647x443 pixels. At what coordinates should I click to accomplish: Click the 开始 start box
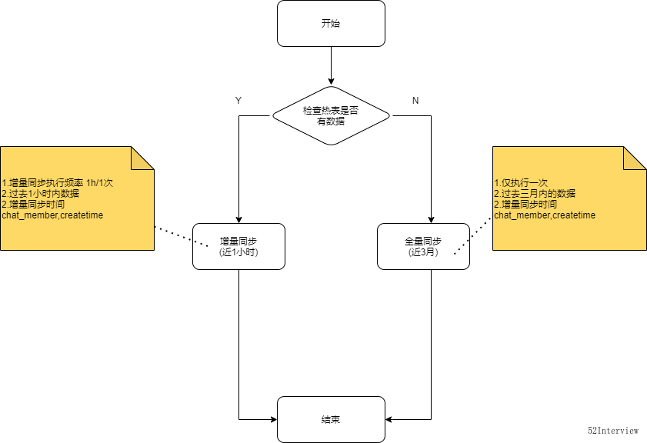click(x=331, y=23)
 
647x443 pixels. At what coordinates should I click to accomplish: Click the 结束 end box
click(x=331, y=419)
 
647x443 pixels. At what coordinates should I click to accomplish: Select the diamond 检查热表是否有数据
click(x=331, y=115)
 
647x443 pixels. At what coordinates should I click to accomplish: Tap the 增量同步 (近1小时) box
click(x=238, y=246)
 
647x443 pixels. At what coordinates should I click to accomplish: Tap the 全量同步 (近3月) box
click(x=423, y=246)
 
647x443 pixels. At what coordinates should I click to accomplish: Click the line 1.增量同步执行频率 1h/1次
click(x=58, y=183)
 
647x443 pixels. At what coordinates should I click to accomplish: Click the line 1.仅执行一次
click(x=521, y=183)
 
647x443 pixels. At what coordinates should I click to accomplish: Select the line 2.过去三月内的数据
click(x=535, y=194)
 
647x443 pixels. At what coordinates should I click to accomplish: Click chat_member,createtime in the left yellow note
click(x=52, y=215)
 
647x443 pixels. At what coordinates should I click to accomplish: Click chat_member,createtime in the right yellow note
click(x=545, y=215)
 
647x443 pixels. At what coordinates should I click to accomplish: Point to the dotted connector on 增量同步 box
click(x=201, y=243)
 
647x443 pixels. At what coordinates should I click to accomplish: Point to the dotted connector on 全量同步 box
click(x=461, y=246)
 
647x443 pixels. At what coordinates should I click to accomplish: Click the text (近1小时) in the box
click(x=238, y=252)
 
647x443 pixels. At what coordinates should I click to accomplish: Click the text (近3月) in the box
click(x=423, y=252)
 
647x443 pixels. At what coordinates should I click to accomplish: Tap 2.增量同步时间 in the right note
click(x=525, y=205)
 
